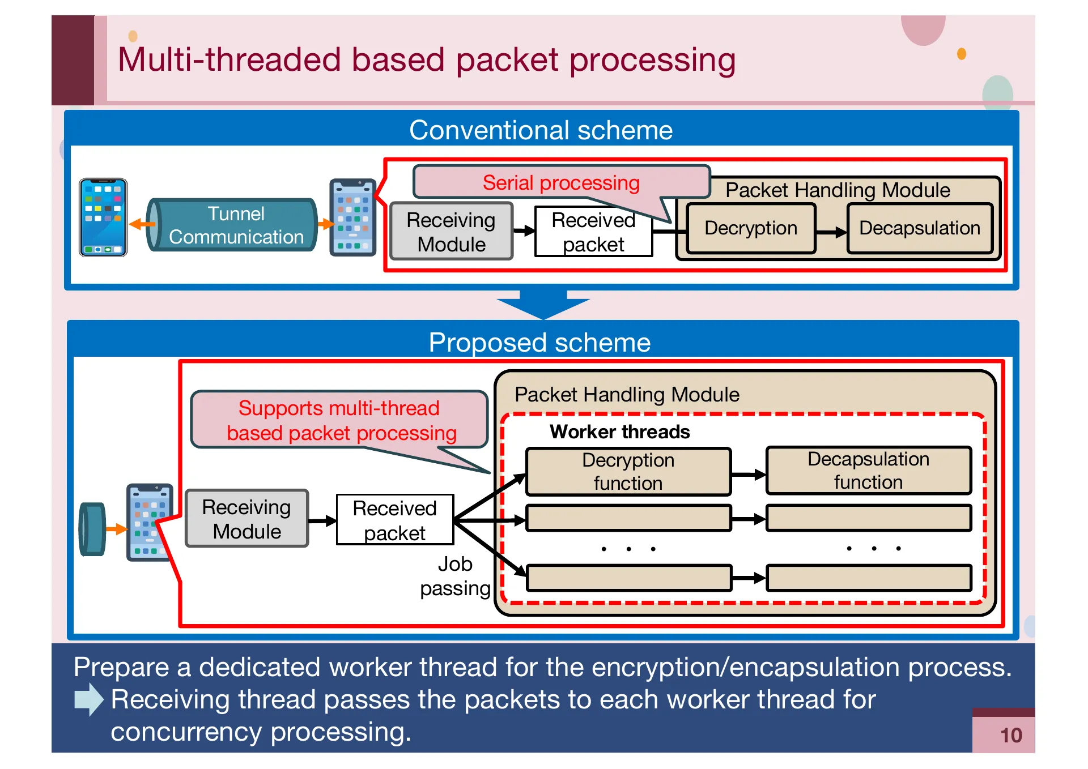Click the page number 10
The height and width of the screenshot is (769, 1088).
point(1010,735)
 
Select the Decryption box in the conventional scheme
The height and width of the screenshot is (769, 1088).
point(750,228)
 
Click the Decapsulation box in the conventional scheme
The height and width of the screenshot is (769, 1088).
point(919,228)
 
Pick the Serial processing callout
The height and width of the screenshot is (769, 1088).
point(560,182)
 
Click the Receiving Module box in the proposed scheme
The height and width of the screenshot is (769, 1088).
point(246,519)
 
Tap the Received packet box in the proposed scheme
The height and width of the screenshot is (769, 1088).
point(394,520)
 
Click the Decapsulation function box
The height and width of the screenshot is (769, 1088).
point(868,471)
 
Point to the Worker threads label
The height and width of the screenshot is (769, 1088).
point(619,432)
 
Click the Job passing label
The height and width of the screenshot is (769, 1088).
point(455,576)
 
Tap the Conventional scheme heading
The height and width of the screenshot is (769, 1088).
point(541,130)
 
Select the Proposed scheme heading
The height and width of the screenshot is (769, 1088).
point(539,343)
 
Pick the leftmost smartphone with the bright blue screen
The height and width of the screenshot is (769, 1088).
point(103,217)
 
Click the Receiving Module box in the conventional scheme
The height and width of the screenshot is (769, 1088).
point(451,232)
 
